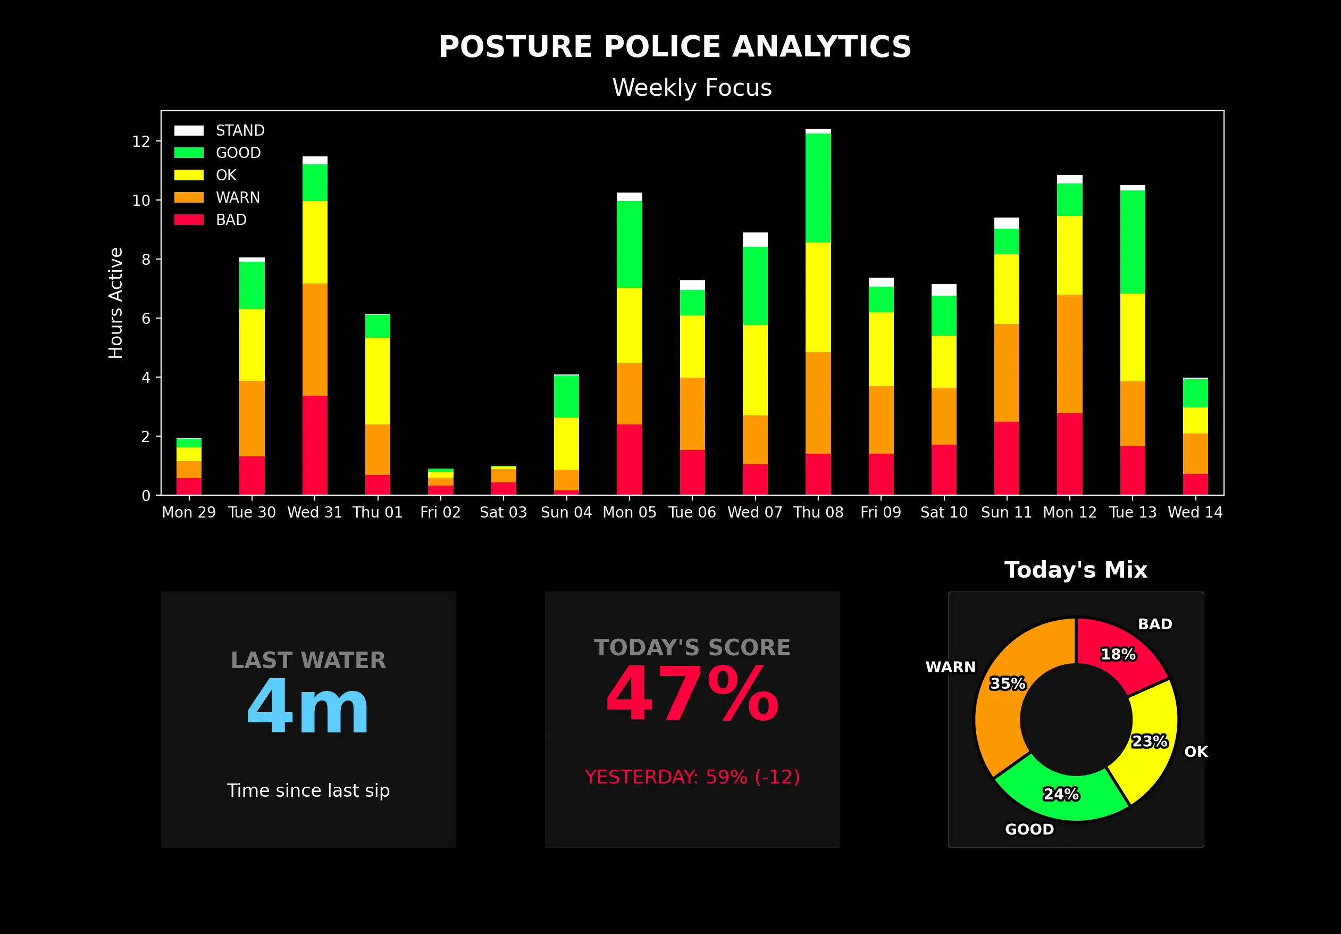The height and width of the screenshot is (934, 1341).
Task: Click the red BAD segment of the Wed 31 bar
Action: tap(315, 445)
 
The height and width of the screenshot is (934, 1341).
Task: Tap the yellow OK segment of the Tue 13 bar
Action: tap(1133, 337)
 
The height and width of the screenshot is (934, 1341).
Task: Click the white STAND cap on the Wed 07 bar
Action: tap(755, 239)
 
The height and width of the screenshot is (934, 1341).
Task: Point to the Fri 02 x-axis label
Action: tap(440, 512)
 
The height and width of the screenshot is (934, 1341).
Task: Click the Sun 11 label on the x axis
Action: tap(1007, 512)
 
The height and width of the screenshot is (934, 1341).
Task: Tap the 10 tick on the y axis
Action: tap(141, 201)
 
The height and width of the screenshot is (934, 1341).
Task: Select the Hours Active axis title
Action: tap(115, 303)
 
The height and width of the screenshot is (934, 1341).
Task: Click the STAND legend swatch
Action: tap(189, 130)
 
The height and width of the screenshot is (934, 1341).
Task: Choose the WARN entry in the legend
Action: tap(238, 197)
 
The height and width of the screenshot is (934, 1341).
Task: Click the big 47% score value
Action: tap(692, 695)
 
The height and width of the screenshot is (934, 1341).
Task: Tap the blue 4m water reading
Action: tap(308, 707)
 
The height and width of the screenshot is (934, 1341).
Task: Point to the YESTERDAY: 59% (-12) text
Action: tap(692, 777)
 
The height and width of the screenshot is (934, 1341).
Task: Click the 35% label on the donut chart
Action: tap(1008, 683)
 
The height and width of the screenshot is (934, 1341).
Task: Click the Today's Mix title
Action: tap(1076, 570)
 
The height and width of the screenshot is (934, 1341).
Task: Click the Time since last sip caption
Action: tap(308, 790)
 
